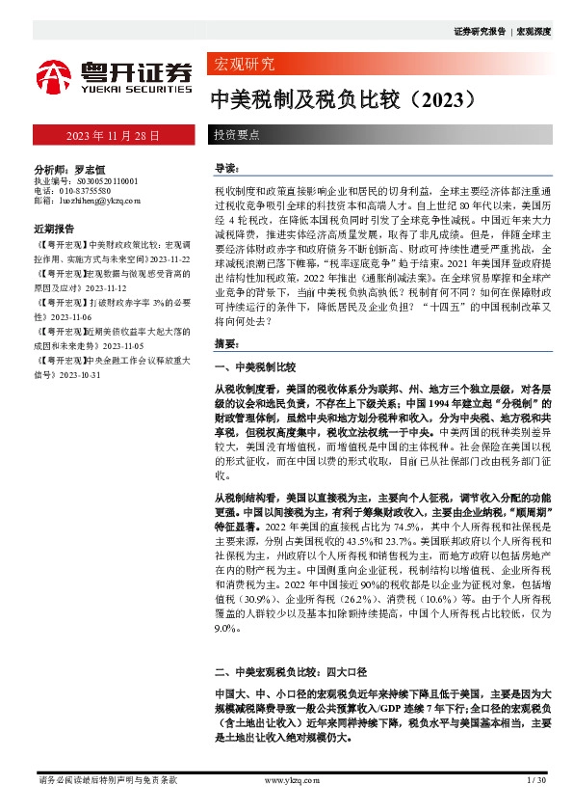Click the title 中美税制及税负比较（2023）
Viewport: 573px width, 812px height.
(343, 98)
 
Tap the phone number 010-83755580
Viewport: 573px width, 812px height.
(92, 191)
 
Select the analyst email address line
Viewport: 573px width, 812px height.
(87, 202)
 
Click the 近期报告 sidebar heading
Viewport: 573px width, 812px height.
(54, 230)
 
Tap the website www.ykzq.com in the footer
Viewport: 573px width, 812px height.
(290, 779)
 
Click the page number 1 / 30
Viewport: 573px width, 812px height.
(536, 779)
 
